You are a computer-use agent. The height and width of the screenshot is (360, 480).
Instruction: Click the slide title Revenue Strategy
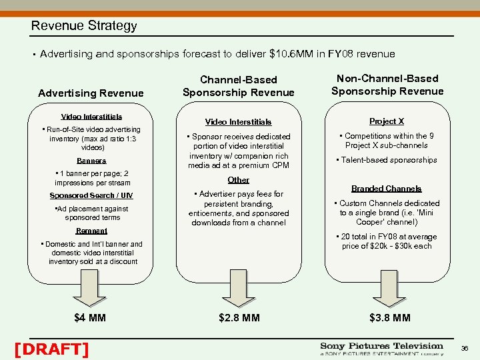coord(84,26)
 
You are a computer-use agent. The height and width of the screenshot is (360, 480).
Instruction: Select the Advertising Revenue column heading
coord(91,93)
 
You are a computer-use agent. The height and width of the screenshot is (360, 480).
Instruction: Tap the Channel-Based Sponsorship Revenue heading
coord(238,86)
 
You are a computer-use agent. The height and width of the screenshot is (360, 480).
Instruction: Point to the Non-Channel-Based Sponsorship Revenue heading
coord(387,85)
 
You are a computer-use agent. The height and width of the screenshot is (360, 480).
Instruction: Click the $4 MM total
coord(91,317)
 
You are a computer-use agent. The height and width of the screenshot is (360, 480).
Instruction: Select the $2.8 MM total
coord(238,317)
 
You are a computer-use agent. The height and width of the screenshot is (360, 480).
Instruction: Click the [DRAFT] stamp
coord(51,349)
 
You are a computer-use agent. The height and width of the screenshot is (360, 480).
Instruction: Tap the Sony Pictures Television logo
coord(381,349)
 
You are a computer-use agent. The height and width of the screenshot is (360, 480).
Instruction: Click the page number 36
coord(464,348)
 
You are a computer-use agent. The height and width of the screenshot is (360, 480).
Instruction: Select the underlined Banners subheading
coord(91,161)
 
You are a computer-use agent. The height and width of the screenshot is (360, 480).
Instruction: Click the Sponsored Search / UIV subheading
coord(91,195)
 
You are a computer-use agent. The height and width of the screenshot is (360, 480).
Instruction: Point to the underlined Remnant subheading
coord(91,230)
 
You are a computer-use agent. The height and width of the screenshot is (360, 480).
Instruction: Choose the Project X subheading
coord(387,121)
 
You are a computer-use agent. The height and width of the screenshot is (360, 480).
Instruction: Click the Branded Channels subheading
coord(387,189)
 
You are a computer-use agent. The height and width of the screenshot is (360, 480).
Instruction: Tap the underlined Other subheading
coord(238,180)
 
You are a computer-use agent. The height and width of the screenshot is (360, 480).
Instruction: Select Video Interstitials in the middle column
coord(238,122)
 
